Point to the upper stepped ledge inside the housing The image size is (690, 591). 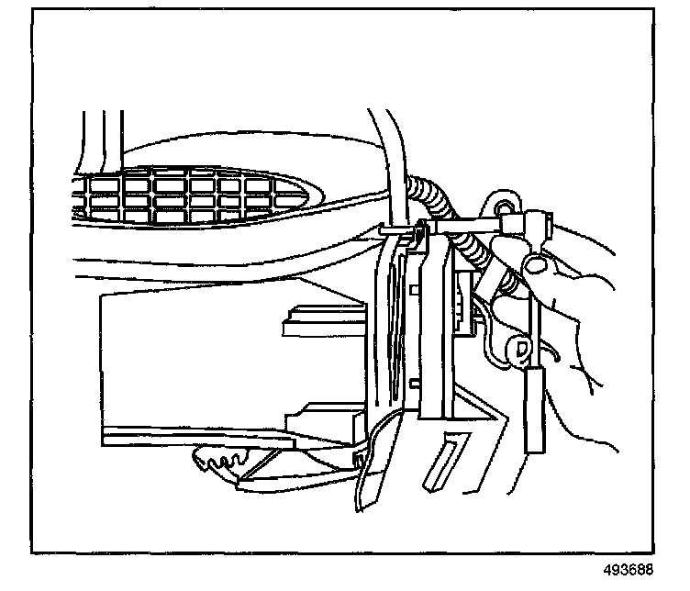click(x=317, y=317)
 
